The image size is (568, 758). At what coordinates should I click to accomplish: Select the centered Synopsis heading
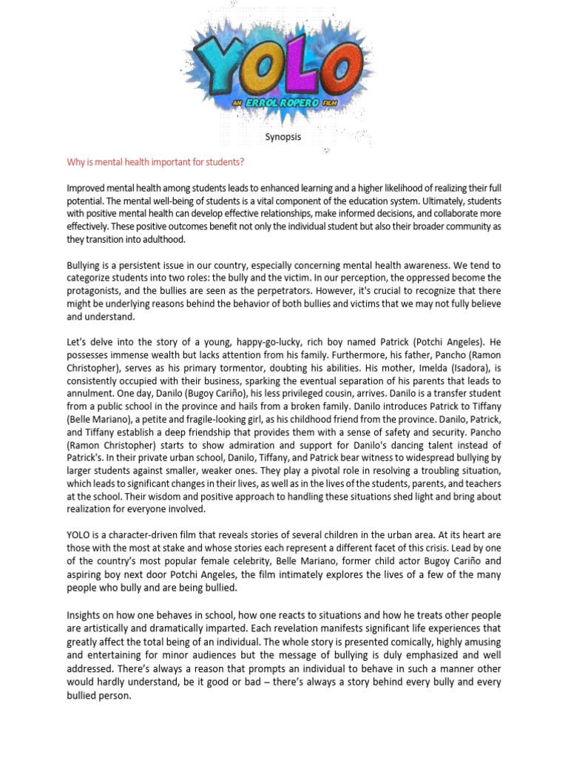click(283, 138)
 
